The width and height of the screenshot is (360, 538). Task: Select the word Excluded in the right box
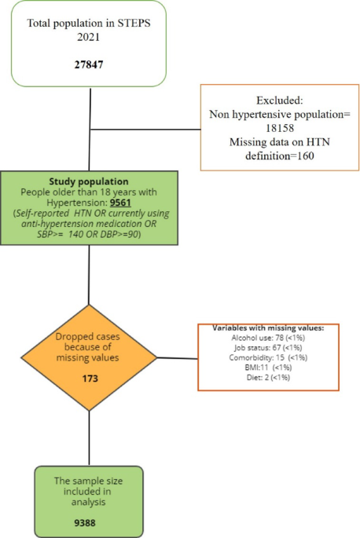pyautogui.click(x=279, y=101)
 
